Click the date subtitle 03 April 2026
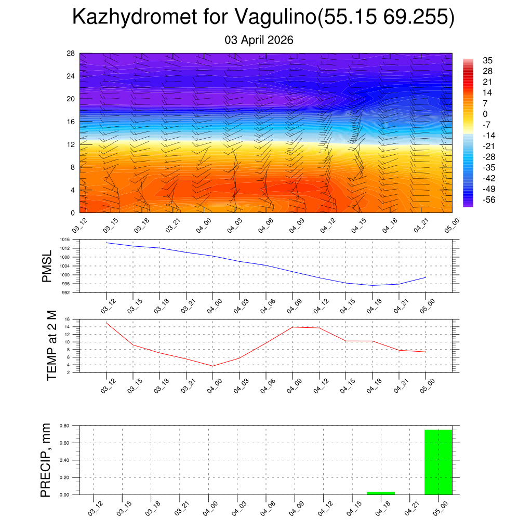tap(259, 40)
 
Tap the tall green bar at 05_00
tap(438, 462)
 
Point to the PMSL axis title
tap(47, 266)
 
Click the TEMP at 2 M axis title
tap(51, 345)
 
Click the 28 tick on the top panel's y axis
tap(71, 54)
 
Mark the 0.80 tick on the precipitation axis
tap(64, 425)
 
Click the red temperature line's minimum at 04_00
tap(212, 366)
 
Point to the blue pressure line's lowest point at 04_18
tap(372, 285)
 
